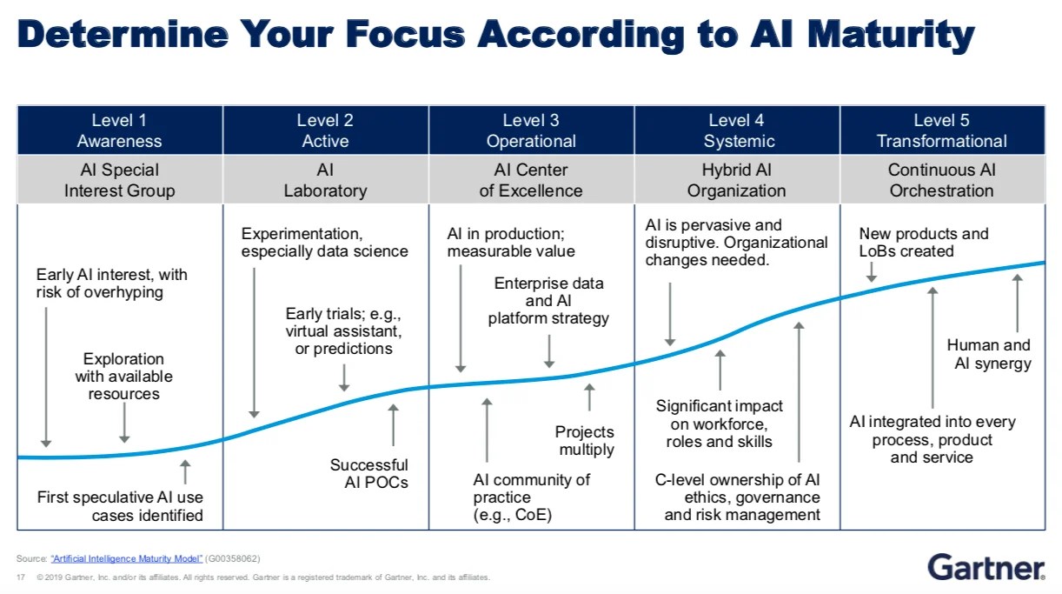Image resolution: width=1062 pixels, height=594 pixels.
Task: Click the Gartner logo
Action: [x=986, y=566]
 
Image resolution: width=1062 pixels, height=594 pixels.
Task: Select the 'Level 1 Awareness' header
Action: [x=120, y=130]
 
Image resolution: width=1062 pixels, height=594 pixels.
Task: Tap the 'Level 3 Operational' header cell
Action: [x=531, y=130]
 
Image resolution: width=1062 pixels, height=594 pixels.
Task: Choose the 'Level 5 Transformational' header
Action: [x=942, y=130]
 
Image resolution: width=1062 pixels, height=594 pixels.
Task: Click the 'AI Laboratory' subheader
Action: [x=325, y=180]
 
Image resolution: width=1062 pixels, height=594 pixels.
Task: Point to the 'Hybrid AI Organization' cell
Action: [x=736, y=180]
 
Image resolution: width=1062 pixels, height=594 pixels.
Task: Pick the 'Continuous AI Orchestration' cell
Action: [x=942, y=180]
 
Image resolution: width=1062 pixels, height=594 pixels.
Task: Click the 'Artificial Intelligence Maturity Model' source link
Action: [x=127, y=558]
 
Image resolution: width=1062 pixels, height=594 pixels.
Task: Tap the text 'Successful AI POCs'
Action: [x=369, y=473]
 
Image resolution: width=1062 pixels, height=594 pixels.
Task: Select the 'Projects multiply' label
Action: [x=585, y=441]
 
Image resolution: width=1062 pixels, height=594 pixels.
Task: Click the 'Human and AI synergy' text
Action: [x=990, y=354]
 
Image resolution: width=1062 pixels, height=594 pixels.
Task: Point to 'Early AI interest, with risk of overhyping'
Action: [x=111, y=284]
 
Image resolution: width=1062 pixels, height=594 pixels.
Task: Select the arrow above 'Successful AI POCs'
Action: [x=393, y=425]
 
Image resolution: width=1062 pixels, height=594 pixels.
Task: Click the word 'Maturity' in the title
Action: [x=890, y=35]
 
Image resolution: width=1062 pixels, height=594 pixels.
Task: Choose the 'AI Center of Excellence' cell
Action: [x=531, y=180]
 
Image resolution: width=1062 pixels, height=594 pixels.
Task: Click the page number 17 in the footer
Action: [x=19, y=577]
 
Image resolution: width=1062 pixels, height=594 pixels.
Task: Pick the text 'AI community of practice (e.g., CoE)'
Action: [x=531, y=497]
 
